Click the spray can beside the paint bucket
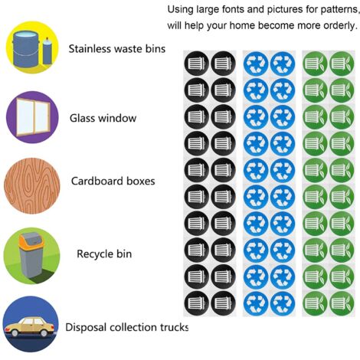47,51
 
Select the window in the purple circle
33,117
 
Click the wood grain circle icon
32,185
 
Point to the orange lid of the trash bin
30,241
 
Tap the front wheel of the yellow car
15,332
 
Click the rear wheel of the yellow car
44,332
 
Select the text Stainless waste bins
117,49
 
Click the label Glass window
103,118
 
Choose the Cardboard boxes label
113,181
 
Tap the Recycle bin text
104,254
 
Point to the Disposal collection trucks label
127,327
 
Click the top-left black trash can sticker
196,64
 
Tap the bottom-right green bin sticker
342,303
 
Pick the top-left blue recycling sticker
256,64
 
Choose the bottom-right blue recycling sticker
283,303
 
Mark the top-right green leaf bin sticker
342,64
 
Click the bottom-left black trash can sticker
196,303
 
